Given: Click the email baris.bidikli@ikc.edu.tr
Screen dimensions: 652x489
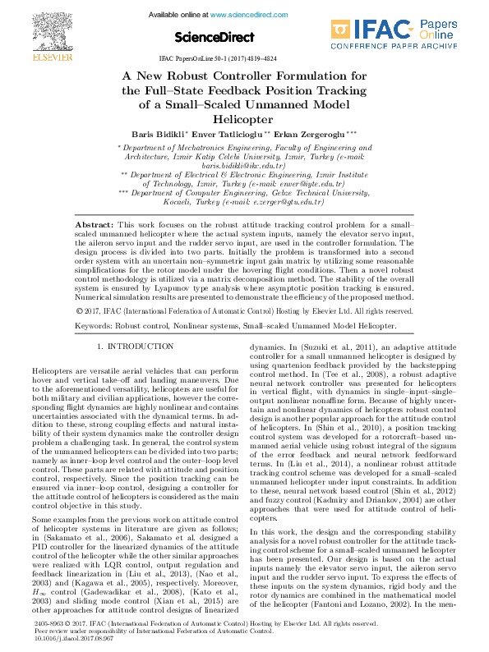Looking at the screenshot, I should (x=245, y=165).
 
